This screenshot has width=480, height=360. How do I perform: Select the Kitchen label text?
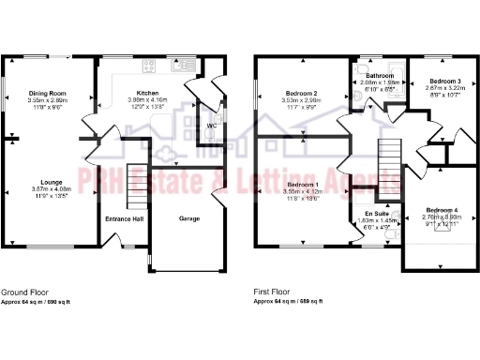tap(148, 93)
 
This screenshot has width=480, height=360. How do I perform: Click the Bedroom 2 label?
tap(302, 93)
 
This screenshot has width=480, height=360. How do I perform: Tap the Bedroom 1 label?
tap(303, 185)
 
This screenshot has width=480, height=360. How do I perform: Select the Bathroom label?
tap(380, 75)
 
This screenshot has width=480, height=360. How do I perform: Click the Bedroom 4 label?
tap(442, 209)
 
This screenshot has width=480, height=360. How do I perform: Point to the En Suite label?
tap(379, 214)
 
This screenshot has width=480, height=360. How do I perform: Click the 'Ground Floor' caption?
tap(22, 292)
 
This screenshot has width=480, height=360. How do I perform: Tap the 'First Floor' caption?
tap(273, 292)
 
